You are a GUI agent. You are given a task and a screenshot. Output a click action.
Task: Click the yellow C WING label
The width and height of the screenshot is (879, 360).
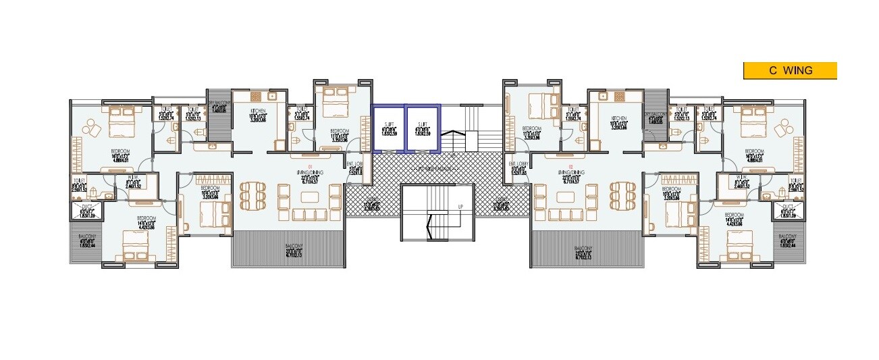(x=790, y=70)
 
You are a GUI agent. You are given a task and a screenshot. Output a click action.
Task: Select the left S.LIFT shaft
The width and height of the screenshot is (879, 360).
(x=389, y=128)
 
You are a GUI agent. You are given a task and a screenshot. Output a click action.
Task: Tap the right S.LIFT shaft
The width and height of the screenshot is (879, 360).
(x=423, y=128)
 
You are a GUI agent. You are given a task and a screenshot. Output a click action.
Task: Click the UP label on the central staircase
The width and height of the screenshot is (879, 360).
(x=460, y=205)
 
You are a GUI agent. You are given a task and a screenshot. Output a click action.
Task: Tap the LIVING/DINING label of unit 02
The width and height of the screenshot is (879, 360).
(x=570, y=173)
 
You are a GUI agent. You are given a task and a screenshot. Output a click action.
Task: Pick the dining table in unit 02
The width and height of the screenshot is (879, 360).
(x=623, y=196)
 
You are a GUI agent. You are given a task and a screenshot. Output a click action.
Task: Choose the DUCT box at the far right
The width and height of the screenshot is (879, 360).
(x=788, y=211)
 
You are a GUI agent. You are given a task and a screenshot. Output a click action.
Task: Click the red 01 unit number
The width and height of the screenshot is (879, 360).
(x=310, y=166)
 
